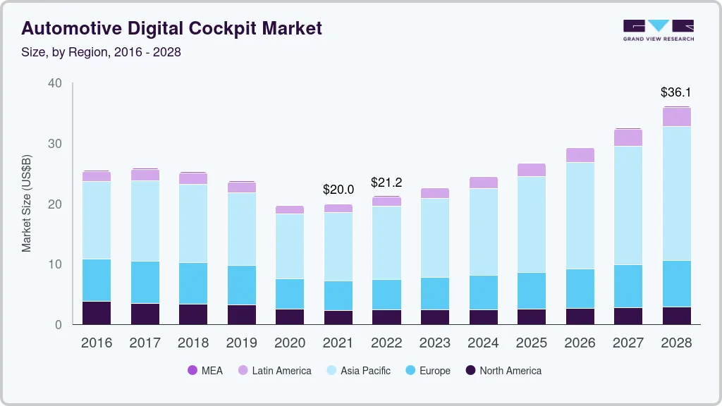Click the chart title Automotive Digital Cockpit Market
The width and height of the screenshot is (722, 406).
pyautogui.click(x=171, y=28)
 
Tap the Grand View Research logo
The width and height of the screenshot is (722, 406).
pyautogui.click(x=658, y=30)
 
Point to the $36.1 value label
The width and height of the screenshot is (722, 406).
pyautogui.click(x=675, y=92)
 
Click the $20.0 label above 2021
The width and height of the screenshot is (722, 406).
pyautogui.click(x=338, y=190)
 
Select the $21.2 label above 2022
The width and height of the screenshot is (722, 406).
pyautogui.click(x=386, y=183)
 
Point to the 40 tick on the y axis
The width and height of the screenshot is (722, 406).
pyautogui.click(x=55, y=83)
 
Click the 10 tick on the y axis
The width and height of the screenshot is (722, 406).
pyautogui.click(x=55, y=264)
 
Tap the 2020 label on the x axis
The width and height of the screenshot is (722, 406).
pyautogui.click(x=290, y=343)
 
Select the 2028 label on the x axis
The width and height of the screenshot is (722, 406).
pyautogui.click(x=675, y=343)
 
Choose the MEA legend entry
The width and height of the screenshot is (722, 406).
pyautogui.click(x=205, y=370)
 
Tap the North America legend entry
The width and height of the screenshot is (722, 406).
pyautogui.click(x=503, y=370)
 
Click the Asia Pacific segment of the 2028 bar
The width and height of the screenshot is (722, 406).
pyautogui.click(x=676, y=193)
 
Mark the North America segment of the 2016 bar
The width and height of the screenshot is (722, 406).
pyautogui.click(x=97, y=312)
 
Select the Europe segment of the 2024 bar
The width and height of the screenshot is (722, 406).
pyautogui.click(x=483, y=292)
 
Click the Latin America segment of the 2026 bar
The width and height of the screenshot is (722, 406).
pyautogui.click(x=580, y=155)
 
